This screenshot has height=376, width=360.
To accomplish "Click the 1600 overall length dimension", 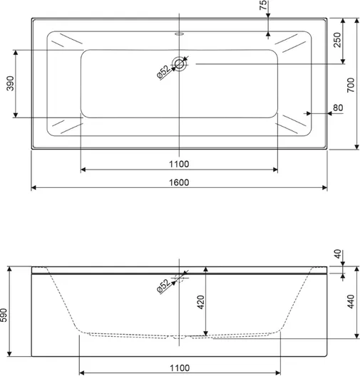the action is (x=179, y=182).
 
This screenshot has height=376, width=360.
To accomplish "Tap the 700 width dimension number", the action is (x=351, y=85).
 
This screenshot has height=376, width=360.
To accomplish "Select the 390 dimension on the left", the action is (x=10, y=83).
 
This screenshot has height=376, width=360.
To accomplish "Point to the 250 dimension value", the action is (x=337, y=40).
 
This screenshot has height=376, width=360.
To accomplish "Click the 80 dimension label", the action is (x=338, y=108).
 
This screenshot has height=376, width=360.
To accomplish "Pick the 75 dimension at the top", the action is (x=263, y=5).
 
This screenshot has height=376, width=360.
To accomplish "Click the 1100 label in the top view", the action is (x=179, y=164).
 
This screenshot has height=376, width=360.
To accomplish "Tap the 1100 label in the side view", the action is (x=180, y=368).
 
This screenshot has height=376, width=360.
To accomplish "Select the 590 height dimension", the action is (x=4, y=315).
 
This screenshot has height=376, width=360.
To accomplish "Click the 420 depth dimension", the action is (x=200, y=302).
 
